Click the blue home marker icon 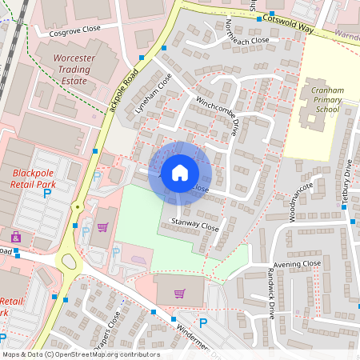point(180,173)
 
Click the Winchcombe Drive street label point(218,115)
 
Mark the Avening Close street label point(296,263)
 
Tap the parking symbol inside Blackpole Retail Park point(46,193)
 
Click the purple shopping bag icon point(102,226)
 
